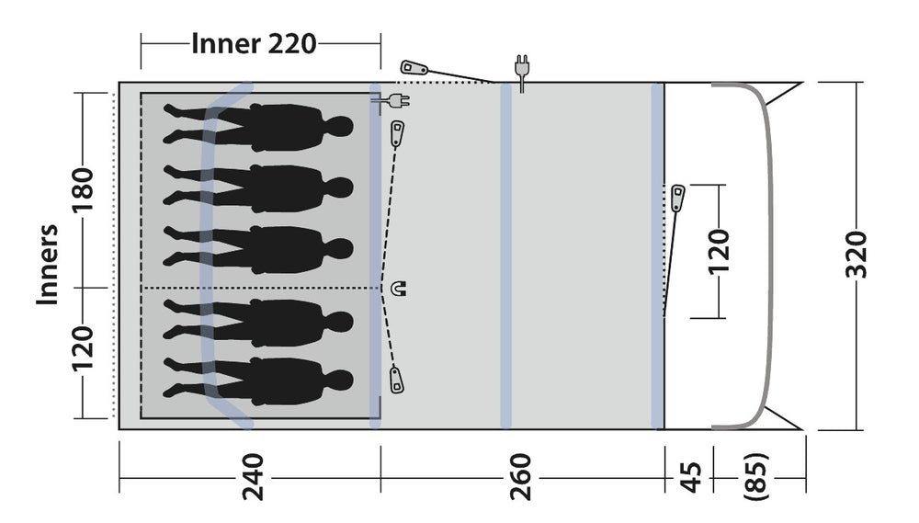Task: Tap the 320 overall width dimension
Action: (x=856, y=255)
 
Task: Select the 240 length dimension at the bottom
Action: (x=252, y=476)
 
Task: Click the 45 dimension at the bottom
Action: (x=691, y=476)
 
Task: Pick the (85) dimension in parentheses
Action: (x=754, y=476)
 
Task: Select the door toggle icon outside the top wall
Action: (x=414, y=67)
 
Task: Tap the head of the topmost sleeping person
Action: (x=341, y=126)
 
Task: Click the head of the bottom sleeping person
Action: (x=341, y=381)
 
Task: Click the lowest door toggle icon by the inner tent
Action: (x=396, y=378)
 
